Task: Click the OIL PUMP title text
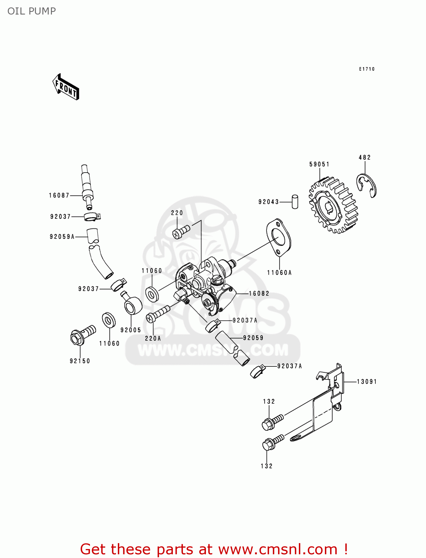click(x=32, y=11)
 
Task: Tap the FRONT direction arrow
click(x=66, y=87)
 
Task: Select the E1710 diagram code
click(x=367, y=69)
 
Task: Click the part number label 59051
click(x=319, y=164)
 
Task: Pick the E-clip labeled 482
click(x=367, y=185)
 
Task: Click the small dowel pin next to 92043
click(x=294, y=201)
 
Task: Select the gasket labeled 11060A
click(x=278, y=237)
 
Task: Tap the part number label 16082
click(x=259, y=294)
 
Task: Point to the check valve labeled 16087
click(x=87, y=185)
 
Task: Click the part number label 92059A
click(x=62, y=237)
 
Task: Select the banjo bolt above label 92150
click(x=82, y=334)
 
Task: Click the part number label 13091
click(x=367, y=382)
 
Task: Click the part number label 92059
click(x=253, y=338)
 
